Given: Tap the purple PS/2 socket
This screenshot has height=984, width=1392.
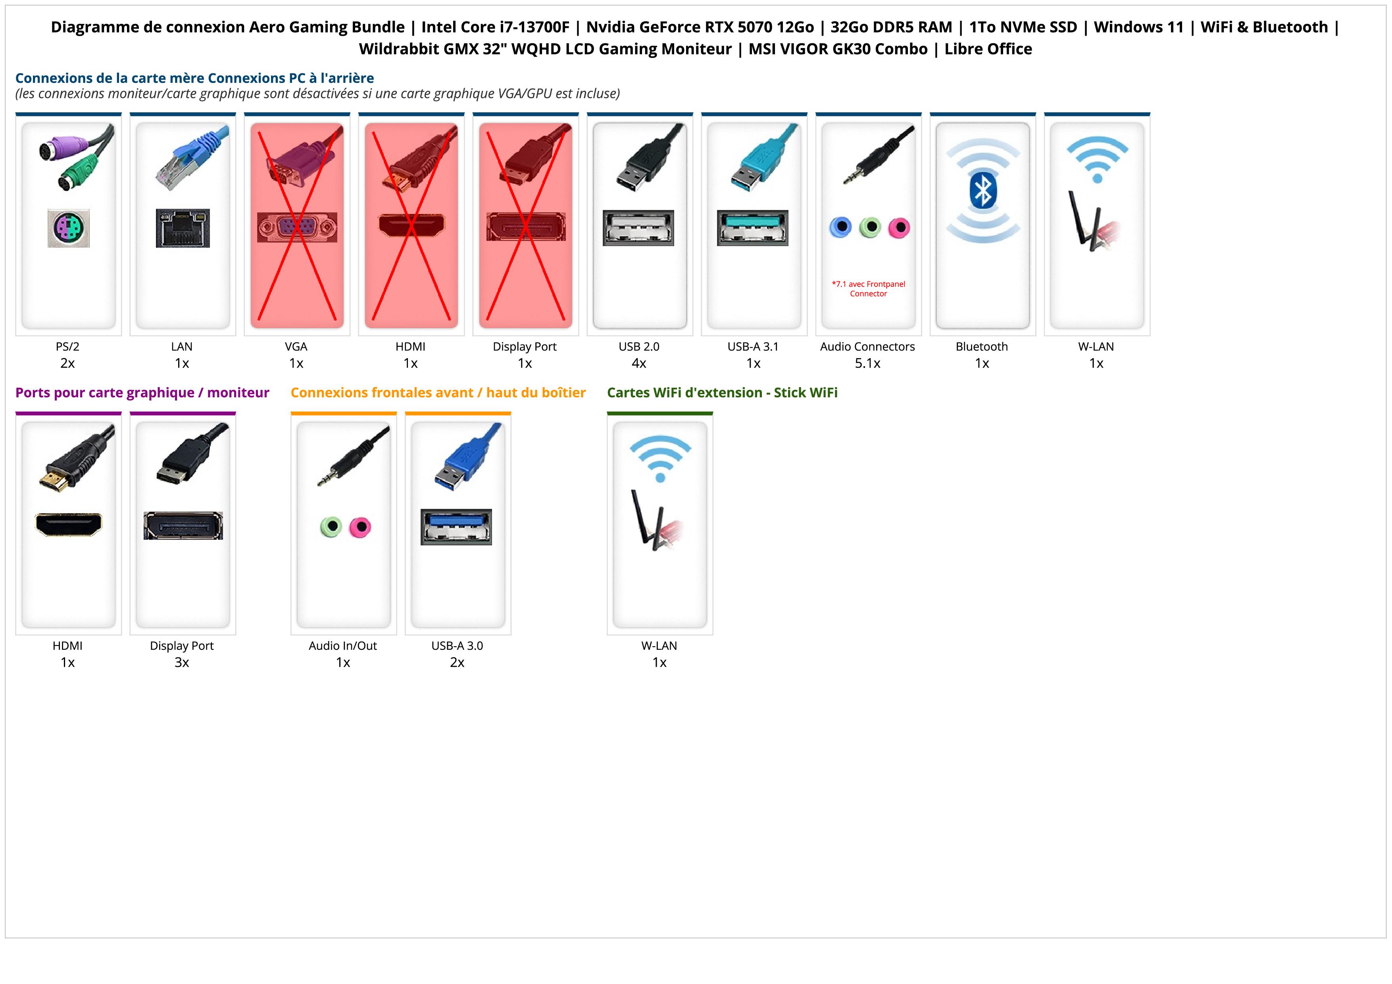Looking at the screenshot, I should coord(69,228).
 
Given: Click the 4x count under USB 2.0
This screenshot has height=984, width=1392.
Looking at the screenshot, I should coord(638,363).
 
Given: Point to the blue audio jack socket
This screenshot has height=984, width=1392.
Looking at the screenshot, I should coord(840,227).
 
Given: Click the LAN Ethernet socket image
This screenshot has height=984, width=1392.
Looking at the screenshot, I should coord(183,228).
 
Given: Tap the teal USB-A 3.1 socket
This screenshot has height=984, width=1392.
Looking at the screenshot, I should coord(752,228).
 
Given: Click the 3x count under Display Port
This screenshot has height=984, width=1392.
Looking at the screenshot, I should coord(181,662).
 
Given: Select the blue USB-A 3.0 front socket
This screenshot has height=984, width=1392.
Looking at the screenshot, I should coord(456,526).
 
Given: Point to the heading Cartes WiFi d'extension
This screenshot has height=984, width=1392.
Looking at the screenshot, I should coord(721,393).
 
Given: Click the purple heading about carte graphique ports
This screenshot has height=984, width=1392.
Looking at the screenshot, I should coord(142,393).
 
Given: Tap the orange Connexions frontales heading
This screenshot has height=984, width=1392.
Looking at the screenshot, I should coord(438,393).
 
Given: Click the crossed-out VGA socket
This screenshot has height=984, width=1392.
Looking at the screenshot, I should coord(296,227).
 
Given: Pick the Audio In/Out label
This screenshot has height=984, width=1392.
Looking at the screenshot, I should coord(342,646).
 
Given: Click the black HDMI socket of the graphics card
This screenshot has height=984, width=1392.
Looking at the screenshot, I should coord(69,524).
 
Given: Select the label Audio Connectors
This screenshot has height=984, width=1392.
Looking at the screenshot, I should coord(867,347).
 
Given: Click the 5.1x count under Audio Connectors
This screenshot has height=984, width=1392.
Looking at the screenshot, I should coord(867,363).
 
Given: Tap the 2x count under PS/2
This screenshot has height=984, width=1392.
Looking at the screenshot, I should coord(67,363).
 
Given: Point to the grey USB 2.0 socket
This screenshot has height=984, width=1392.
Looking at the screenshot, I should coord(638,228).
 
